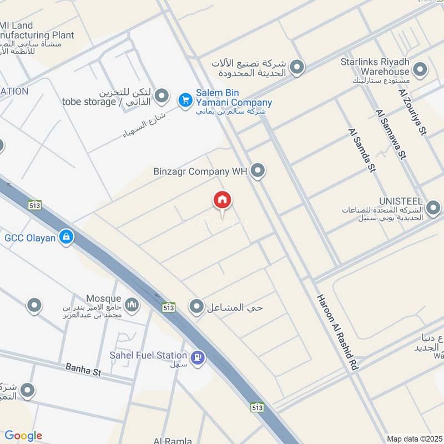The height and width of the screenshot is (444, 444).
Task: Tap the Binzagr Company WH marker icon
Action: pyautogui.click(x=256, y=171)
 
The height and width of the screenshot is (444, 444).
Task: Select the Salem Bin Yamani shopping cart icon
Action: pyautogui.click(x=185, y=100)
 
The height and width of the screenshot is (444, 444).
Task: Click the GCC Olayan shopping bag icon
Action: pyautogui.click(x=67, y=238)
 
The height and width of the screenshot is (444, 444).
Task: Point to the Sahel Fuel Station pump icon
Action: pyautogui.click(x=197, y=358)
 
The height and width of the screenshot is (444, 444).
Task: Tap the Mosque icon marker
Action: pyautogui.click(x=132, y=304)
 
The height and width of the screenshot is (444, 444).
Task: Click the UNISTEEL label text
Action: pyautogui.click(x=401, y=201)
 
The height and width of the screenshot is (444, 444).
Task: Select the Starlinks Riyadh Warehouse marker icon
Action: pyautogui.click(x=420, y=70)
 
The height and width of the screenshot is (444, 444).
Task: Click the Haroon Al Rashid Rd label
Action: pyautogui.click(x=336, y=332)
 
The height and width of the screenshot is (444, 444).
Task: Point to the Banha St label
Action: pyautogui.click(x=83, y=370)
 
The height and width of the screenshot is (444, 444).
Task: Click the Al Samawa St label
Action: pyautogui.click(x=390, y=134)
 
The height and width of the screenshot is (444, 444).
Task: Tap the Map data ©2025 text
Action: pyautogui.click(x=413, y=438)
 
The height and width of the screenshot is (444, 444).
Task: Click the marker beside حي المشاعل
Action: pyautogui.click(x=196, y=306)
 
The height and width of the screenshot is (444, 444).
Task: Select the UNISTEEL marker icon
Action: pyautogui.click(x=433, y=209)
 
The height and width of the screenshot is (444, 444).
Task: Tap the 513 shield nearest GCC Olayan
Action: pyautogui.click(x=35, y=205)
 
